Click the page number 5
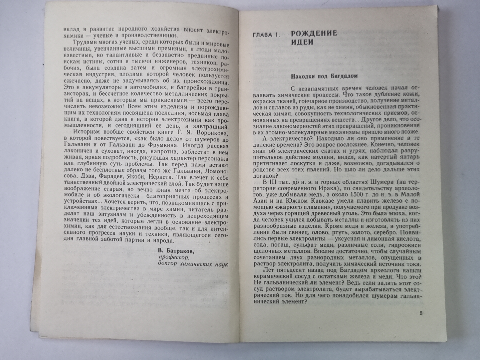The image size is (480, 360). coord(421,313)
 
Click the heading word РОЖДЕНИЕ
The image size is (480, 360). coord(314,33)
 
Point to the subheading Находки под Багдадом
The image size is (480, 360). coord(324,76)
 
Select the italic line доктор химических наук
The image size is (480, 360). coord(193,264)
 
